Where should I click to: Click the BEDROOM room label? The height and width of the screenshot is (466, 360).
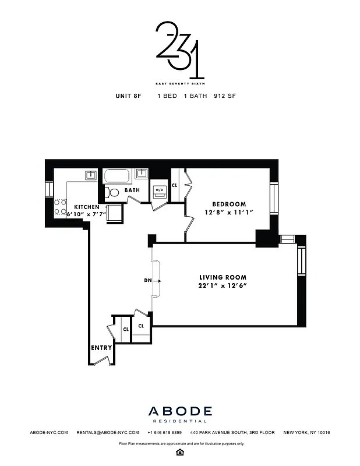click(228, 204)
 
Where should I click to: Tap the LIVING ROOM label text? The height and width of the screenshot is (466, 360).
click(223, 277)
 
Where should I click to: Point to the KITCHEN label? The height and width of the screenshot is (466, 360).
click(86, 207)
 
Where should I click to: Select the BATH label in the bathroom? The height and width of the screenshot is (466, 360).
click(132, 190)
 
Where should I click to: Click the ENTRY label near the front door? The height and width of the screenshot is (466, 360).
click(101, 348)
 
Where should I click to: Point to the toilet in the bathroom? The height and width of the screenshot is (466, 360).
click(114, 192)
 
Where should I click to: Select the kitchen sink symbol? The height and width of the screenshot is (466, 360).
click(90, 175)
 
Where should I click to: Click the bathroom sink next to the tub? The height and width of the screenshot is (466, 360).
click(142, 174)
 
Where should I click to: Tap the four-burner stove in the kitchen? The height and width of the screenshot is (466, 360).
click(59, 207)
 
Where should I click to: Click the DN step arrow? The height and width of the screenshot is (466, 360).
click(154, 281)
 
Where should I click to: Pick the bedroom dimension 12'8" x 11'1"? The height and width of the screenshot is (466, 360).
click(228, 213)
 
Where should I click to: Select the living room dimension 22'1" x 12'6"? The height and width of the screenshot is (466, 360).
click(223, 286)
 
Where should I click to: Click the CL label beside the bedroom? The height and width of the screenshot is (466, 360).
click(174, 186)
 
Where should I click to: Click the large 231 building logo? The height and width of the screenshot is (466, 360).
click(179, 50)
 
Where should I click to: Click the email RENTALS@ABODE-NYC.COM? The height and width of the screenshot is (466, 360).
click(108, 433)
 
